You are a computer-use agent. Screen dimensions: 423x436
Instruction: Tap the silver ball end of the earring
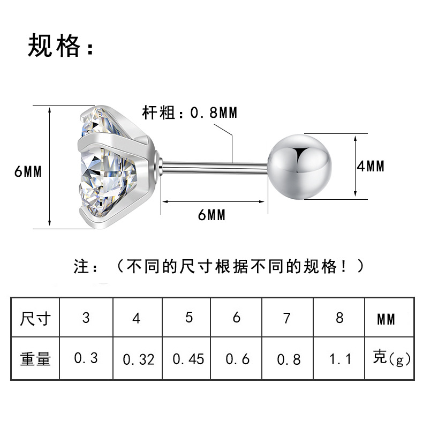click(x=300, y=167)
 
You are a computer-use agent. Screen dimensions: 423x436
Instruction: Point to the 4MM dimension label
click(x=371, y=166)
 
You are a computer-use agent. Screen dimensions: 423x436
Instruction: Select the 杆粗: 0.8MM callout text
click(x=190, y=112)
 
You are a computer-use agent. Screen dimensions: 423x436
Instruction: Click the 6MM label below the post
click(x=211, y=215)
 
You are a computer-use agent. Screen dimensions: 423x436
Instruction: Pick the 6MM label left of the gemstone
click(x=28, y=171)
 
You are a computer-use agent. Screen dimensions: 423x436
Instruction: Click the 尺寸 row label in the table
click(x=35, y=318)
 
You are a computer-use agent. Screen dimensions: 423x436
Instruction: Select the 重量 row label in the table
click(x=35, y=358)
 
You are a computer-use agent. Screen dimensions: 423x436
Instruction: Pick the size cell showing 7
click(x=287, y=318)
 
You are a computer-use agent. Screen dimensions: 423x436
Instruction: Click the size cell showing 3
click(x=86, y=318)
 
